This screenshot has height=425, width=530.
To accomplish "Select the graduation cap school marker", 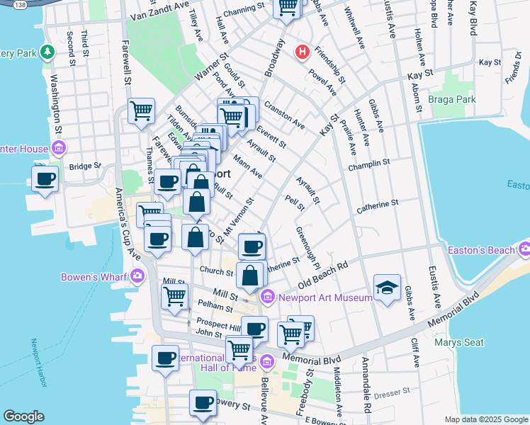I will point(387,287).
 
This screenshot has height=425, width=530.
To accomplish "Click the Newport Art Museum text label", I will point(325,297).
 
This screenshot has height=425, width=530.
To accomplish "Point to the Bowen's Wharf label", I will point(94,276).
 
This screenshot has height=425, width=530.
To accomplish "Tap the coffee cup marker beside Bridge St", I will point(46,178).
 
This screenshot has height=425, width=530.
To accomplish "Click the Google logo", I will point(24,416).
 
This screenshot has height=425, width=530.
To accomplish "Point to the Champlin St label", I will point(369,164).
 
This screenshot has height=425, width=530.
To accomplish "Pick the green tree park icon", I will point(47,52).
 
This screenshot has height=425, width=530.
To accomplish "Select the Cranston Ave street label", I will point(284,115).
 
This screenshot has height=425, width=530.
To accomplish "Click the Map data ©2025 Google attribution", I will point(486,419).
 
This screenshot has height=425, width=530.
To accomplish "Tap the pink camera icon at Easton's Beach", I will point(524,249).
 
